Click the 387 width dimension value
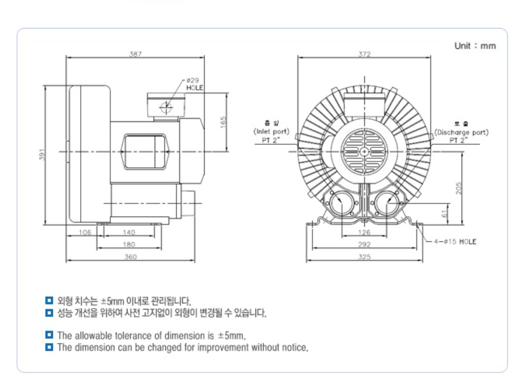(x=136, y=53)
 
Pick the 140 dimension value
(x=129, y=232)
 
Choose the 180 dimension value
(x=129, y=244)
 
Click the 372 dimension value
(x=365, y=53)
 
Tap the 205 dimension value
(x=458, y=188)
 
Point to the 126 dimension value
(x=365, y=232)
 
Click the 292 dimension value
(x=365, y=244)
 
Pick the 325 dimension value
(x=365, y=257)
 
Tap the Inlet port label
(x=272, y=132)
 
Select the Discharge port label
(x=461, y=132)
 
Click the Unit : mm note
(x=475, y=46)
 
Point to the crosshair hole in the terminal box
(x=166, y=107)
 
